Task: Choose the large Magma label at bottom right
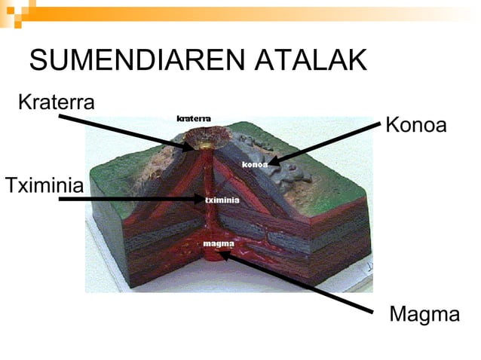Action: pyautogui.click(x=424, y=315)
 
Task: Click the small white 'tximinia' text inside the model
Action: pyautogui.click(x=222, y=200)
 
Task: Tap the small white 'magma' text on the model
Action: pyautogui.click(x=219, y=244)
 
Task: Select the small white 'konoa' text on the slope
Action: pyautogui.click(x=255, y=164)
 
